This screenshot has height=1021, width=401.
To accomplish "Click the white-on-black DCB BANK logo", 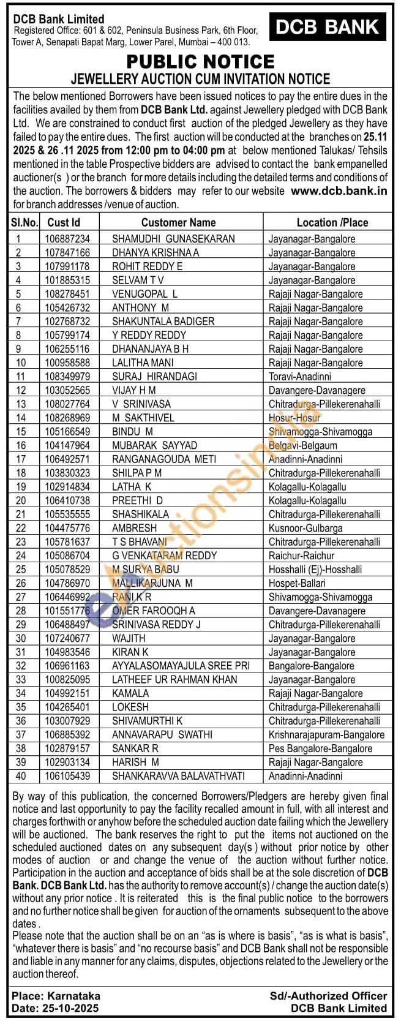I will (x=328, y=27).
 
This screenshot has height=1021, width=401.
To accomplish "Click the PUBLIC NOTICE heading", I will (x=200, y=61).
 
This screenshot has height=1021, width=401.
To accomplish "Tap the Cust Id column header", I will (x=64, y=222).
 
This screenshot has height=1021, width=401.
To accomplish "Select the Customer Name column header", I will (x=178, y=222).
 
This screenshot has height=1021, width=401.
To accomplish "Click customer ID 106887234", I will (x=67, y=239).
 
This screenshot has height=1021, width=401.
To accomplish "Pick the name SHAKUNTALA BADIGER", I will (x=163, y=322).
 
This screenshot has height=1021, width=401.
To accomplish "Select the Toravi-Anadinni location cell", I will (x=299, y=377).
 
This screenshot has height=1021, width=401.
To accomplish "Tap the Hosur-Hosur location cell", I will (x=294, y=418).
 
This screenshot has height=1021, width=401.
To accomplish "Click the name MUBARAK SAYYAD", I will (x=154, y=445).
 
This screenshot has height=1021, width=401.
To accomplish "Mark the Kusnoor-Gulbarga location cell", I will (x=305, y=528).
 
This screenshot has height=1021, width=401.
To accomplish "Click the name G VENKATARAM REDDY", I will (x=164, y=556).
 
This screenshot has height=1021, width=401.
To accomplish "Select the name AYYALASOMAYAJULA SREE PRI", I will (x=181, y=666).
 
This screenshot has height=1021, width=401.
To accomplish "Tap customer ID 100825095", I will (x=67, y=680).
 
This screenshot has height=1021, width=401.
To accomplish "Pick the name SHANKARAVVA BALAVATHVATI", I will (x=178, y=776).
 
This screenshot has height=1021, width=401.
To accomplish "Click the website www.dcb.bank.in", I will (x=339, y=190).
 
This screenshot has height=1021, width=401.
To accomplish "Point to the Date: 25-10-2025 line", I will (x=55, y=1008).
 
